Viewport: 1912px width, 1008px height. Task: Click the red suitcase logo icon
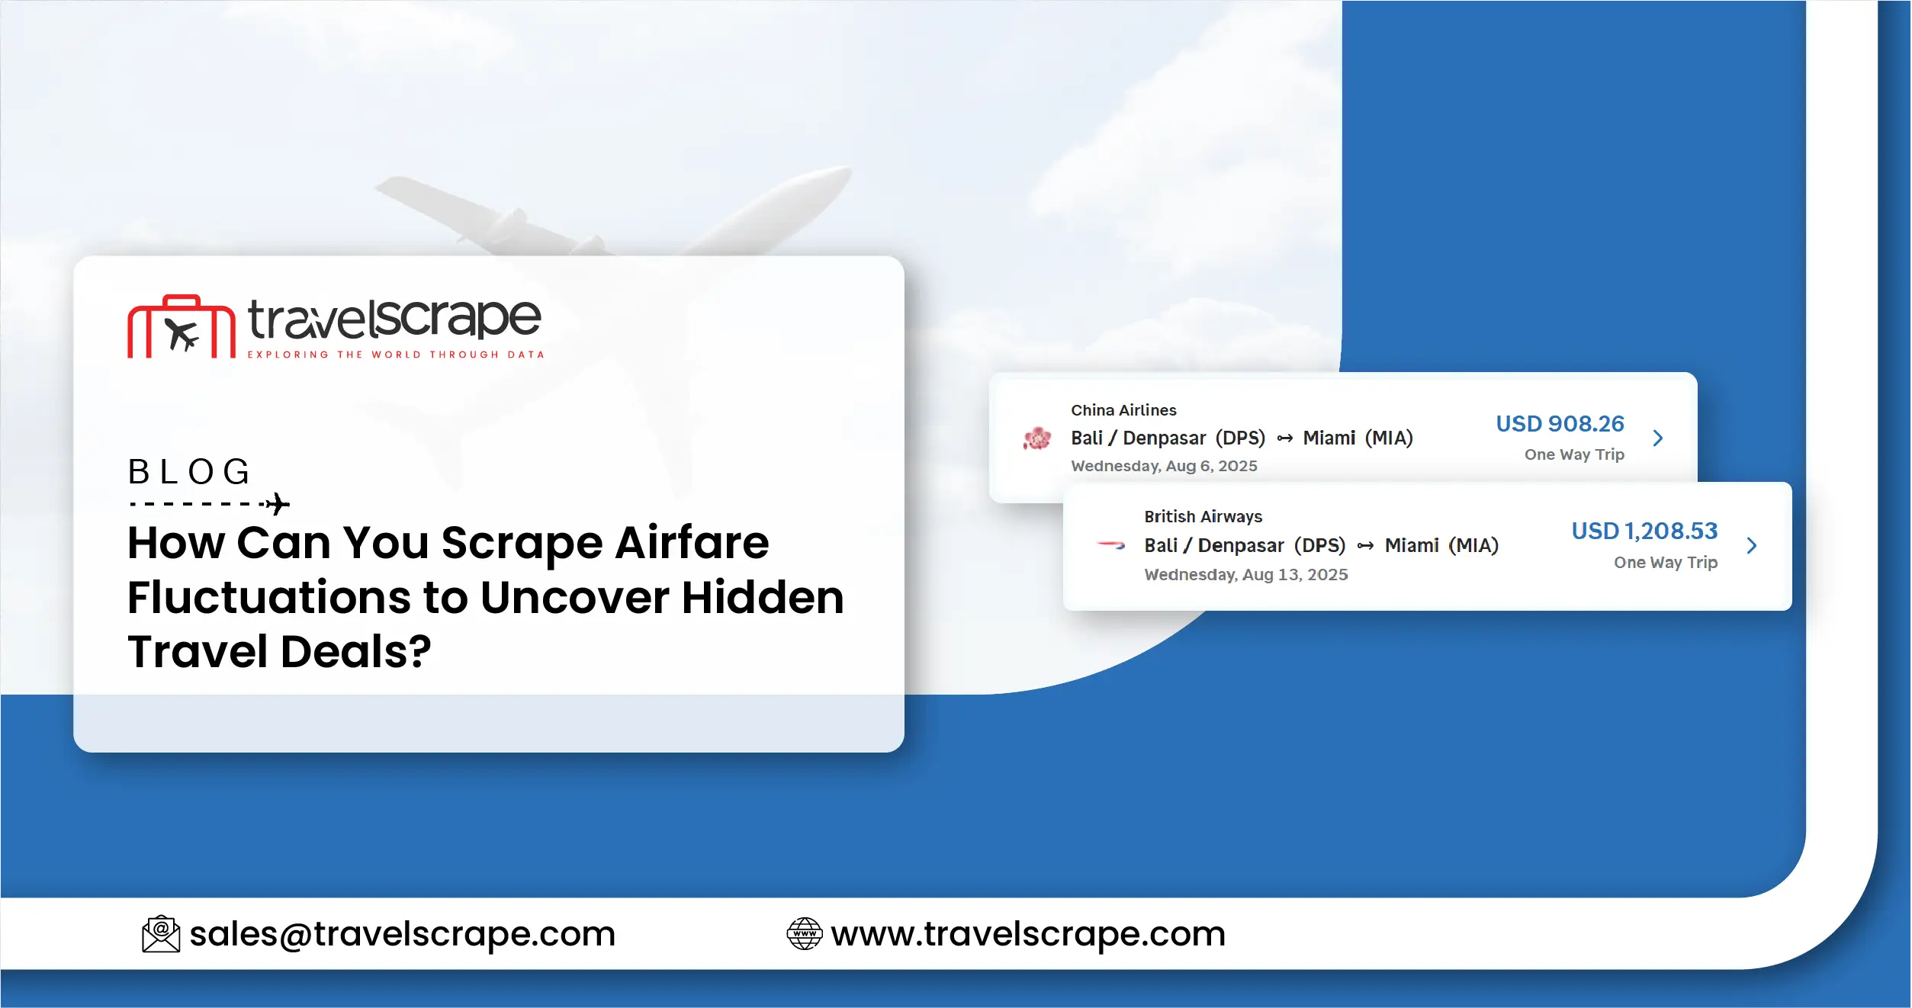click(x=182, y=328)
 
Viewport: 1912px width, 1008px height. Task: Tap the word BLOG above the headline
click(x=189, y=472)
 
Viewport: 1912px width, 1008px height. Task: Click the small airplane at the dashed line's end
click(x=278, y=504)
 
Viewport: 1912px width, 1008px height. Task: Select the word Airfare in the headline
click(x=692, y=543)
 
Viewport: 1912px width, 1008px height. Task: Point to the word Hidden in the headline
click(x=763, y=597)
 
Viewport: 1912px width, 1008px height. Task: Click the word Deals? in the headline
click(x=356, y=652)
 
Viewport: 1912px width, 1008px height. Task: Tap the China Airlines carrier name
click(x=1123, y=410)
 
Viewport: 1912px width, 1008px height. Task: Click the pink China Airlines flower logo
click(x=1037, y=438)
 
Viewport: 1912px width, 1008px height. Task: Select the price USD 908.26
click(x=1560, y=424)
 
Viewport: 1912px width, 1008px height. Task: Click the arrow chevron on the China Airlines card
click(x=1658, y=438)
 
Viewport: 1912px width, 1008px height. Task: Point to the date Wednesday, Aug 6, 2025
click(x=1164, y=466)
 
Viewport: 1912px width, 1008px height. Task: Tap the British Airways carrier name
click(x=1203, y=517)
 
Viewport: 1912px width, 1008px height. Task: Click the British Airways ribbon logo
click(x=1111, y=545)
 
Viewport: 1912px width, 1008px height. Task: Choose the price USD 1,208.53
click(x=1644, y=531)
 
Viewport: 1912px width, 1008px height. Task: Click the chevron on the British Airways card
click(x=1752, y=545)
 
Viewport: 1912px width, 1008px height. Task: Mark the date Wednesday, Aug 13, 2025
click(x=1245, y=575)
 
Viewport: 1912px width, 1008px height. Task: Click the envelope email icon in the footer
click(x=161, y=934)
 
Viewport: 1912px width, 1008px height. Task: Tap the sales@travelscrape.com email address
click(x=402, y=934)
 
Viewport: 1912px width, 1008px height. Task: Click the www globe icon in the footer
click(x=804, y=934)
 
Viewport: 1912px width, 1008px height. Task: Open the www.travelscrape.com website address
click(x=1028, y=934)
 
